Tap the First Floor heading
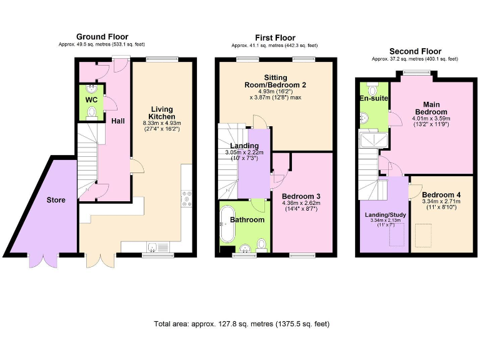click(x=275, y=38)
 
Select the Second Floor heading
click(x=415, y=51)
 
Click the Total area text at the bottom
click(x=241, y=324)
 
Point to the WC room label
click(x=91, y=99)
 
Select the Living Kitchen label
click(x=161, y=113)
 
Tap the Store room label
click(x=56, y=201)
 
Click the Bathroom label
click(x=247, y=219)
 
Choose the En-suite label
click(x=372, y=99)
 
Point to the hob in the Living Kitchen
click(x=186, y=199)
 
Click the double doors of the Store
click(x=45, y=261)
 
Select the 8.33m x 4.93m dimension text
click(x=161, y=124)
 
